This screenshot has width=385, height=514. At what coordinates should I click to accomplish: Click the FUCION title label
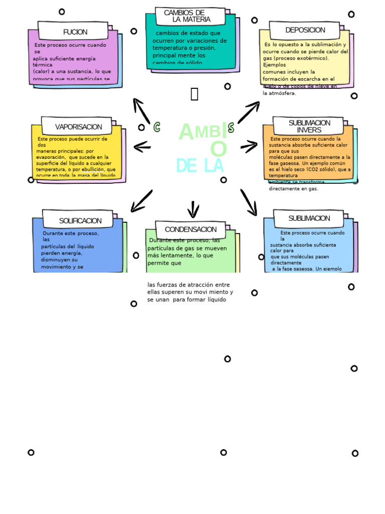75,32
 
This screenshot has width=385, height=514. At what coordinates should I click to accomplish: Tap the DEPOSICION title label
305,30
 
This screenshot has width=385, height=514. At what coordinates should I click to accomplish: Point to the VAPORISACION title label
78,127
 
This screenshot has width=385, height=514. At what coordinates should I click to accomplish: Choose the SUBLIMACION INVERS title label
309,126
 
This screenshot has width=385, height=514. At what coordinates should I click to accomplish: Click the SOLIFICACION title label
80,221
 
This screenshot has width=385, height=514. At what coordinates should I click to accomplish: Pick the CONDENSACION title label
190,229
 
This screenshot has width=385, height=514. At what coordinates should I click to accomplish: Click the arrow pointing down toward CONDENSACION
193,209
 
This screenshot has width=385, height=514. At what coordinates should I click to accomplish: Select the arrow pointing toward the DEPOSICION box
249,112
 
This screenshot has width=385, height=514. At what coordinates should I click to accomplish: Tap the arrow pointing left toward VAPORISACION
142,147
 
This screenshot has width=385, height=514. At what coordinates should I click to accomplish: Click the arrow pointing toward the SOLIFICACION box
141,201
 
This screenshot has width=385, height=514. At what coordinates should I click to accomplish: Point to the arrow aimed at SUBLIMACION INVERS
249,147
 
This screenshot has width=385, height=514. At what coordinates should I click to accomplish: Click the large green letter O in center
219,149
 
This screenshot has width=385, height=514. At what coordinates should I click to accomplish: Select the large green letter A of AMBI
186,133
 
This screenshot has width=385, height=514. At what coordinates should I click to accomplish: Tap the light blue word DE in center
186,166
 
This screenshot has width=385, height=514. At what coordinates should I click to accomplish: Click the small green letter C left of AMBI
157,127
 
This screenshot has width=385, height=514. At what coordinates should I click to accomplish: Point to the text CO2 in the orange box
312,170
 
